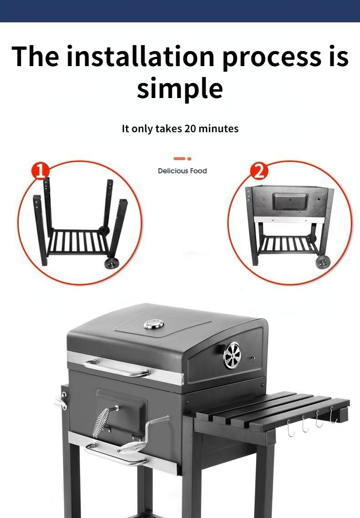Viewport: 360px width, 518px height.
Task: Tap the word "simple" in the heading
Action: [180, 88]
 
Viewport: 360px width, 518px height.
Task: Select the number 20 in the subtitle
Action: [190, 128]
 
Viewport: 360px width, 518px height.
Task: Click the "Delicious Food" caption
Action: [182, 171]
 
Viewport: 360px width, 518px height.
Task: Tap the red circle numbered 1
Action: [40, 171]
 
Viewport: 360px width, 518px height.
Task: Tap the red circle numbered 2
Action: [259, 171]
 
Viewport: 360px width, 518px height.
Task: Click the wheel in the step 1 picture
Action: [111, 263]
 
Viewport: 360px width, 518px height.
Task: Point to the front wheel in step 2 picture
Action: [323, 262]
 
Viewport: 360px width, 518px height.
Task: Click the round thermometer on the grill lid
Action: [154, 324]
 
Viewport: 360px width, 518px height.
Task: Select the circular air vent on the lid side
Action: [232, 355]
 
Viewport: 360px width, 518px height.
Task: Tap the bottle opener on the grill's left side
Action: [61, 400]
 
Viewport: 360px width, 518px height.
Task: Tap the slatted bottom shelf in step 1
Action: [78, 242]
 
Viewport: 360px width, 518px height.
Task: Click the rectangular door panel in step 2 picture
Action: [290, 201]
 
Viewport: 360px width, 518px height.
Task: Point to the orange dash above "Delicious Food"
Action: [180, 159]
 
